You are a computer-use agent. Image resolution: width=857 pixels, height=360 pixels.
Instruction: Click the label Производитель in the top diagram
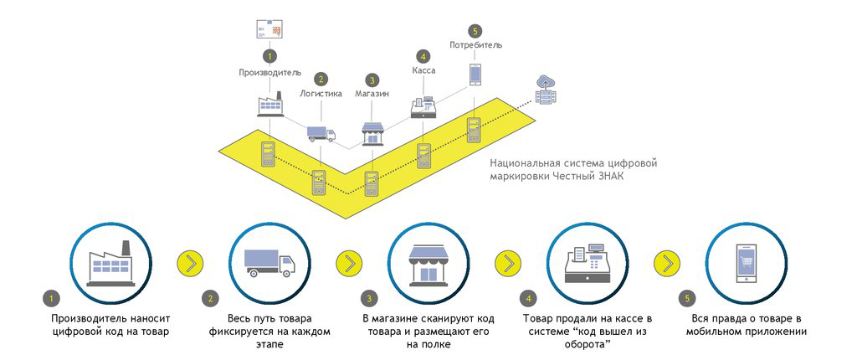(269, 72)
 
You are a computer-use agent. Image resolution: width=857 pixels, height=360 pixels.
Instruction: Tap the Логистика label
(321, 94)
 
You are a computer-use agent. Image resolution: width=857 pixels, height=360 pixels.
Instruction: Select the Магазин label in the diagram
(372, 94)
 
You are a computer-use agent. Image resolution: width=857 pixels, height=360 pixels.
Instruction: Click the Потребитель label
(475, 44)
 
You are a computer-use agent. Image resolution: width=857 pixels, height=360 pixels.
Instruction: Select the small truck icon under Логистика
(321, 133)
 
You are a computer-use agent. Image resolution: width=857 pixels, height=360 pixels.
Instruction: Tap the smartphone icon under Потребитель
(475, 75)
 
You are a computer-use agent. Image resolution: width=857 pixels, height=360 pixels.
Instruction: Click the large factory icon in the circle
(112, 265)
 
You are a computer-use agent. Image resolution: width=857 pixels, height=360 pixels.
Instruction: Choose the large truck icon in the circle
(269, 263)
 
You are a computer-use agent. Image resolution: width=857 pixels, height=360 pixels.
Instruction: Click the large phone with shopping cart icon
(747, 264)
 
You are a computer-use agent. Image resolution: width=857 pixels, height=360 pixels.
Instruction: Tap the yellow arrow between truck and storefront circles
(349, 263)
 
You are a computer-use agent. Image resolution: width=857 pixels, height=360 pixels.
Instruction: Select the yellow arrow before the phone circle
(667, 263)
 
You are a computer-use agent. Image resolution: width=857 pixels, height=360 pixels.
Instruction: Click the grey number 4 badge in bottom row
(527, 299)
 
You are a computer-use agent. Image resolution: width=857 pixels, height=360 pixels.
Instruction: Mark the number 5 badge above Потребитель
(475, 31)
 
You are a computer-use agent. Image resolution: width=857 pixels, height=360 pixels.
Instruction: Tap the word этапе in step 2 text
(270, 345)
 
